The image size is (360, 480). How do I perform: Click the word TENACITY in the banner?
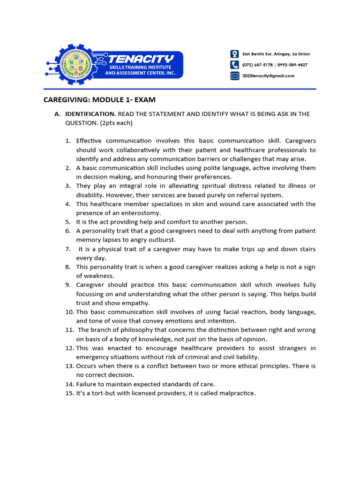coord(141,59)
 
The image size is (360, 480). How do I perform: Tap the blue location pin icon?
coord(234,54)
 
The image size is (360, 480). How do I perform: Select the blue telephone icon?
coord(234,65)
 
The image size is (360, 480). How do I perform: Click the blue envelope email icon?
coord(234,75)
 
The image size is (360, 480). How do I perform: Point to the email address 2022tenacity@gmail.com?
coord(268,76)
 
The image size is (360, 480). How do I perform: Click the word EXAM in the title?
coord(143,99)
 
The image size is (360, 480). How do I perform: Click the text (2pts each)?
coord(112,123)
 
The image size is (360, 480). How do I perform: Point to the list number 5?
coord(67,222)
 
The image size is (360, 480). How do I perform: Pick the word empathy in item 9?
coord(137,303)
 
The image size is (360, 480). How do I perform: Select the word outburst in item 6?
coord(163,240)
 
